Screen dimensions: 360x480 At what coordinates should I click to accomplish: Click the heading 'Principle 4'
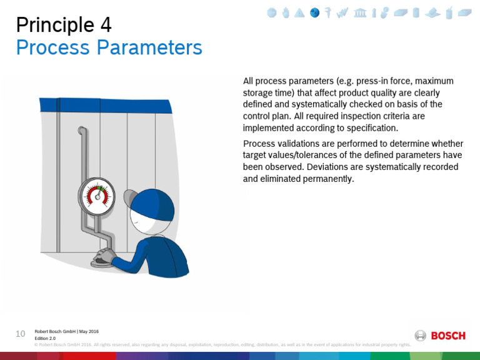click(63, 24)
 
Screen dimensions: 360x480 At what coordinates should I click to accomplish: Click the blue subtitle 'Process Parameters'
click(109, 47)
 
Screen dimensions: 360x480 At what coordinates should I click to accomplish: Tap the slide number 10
click(20, 334)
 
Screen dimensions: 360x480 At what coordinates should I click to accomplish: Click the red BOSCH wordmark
click(448, 336)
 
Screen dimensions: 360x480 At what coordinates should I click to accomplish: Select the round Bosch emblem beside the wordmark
click(421, 336)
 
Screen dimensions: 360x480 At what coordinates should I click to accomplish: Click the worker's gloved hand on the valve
click(104, 256)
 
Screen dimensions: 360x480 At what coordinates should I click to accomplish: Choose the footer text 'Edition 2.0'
click(45, 337)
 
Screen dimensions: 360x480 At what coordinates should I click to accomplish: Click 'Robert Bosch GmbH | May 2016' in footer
click(66, 331)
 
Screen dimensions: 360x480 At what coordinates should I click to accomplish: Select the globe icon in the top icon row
click(315, 12)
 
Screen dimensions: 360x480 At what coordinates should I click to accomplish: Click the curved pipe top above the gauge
click(82, 131)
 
